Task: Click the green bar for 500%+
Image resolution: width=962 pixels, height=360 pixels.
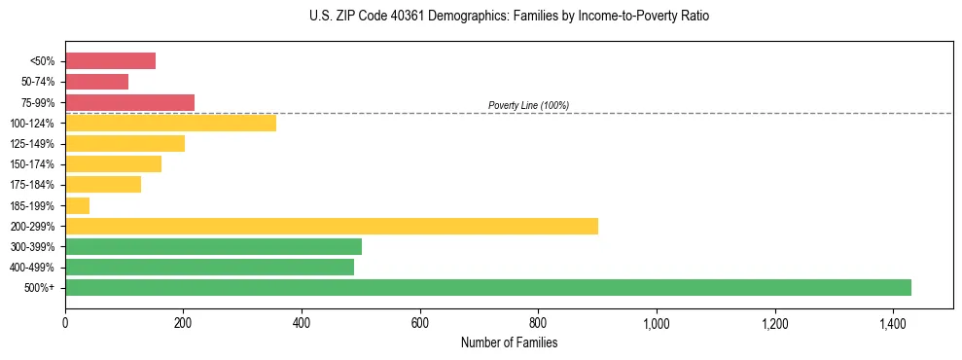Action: coord(487,287)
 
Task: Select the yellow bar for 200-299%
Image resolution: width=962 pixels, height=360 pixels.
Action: coord(331,226)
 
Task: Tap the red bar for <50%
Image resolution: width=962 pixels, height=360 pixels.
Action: coord(110,61)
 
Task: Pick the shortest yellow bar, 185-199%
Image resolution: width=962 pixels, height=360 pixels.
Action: coord(77,205)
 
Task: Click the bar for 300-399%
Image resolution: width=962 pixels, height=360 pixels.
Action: coord(213,246)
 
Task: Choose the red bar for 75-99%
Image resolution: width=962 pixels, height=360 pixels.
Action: coord(129,102)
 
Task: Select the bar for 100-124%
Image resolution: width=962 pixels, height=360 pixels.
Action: coord(170,123)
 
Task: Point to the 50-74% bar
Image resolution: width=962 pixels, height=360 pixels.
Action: coord(96,82)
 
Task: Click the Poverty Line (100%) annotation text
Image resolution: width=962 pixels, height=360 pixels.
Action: coord(528,105)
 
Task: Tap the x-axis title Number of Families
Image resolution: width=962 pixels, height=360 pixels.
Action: coord(509,342)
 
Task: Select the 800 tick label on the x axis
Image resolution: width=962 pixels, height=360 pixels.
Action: coord(538,323)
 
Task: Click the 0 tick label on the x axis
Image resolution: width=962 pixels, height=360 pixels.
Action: coord(65,323)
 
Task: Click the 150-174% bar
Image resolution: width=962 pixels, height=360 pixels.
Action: coord(113,164)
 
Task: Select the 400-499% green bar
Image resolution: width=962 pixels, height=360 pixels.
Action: coord(209,267)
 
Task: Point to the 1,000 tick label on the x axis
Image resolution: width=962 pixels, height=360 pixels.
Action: coord(657,323)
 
